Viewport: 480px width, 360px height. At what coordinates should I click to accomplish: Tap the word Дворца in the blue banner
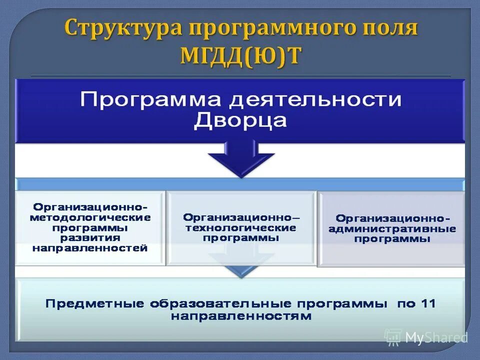pos(240,120)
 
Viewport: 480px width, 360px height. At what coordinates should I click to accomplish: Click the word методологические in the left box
pos(90,218)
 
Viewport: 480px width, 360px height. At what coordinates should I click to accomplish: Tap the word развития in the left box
pos(90,237)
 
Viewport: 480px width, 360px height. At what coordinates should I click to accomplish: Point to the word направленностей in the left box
pos(90,247)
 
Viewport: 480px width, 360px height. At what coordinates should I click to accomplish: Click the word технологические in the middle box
pos(241,228)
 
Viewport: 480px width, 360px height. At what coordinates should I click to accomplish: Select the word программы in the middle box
pos(241,238)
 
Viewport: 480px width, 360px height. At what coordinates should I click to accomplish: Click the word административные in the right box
pos(392,229)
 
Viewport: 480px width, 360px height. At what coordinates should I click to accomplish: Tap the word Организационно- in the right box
pos(392,218)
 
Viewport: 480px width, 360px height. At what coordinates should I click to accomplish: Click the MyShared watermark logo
pos(426,337)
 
